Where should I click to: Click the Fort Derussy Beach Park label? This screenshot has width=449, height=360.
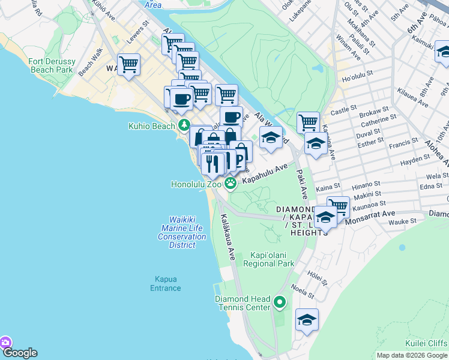pos(50,65)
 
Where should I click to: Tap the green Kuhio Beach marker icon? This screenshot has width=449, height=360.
pos(184,125)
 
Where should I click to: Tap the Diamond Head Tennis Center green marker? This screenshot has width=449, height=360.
pos(279,303)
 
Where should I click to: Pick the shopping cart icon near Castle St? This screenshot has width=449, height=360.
pos(308,122)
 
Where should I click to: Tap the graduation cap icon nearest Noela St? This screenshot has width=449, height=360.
pos(307,319)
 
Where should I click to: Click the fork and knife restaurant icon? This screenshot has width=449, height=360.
pos(212,163)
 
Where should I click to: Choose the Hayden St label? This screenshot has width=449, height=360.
pos(400,160)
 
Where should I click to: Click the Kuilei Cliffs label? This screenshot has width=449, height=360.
pos(426,343)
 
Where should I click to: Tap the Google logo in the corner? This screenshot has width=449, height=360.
pos(19,353)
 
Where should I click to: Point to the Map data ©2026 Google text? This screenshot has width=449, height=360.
pos(411,355)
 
